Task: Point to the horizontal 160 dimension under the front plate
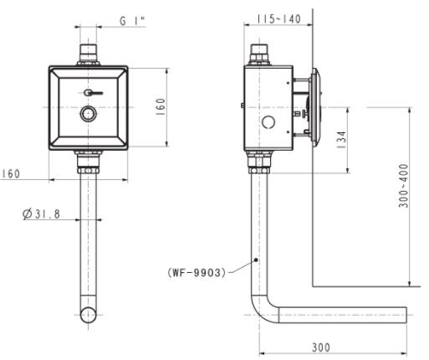click(10, 174)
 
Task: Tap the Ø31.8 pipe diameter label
click(42, 214)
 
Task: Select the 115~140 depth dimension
click(278, 18)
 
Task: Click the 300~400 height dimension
click(404, 186)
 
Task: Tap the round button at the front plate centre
click(88, 116)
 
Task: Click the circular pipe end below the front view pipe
click(88, 315)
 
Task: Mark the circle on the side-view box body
click(268, 123)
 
